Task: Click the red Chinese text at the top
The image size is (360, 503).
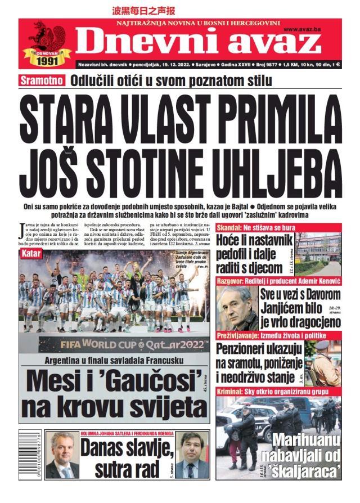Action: (144, 10)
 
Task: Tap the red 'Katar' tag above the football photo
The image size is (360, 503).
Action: (32, 254)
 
